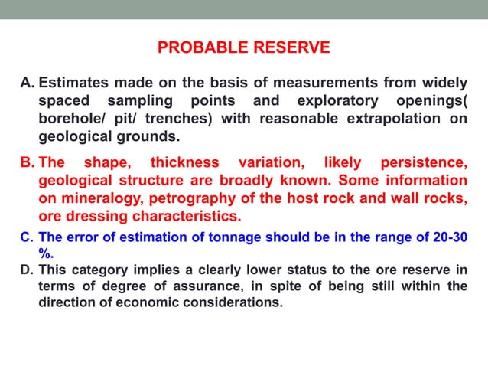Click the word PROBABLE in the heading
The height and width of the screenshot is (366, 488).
(200, 48)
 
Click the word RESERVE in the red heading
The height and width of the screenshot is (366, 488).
(288, 48)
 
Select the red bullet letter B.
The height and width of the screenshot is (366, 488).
(28, 162)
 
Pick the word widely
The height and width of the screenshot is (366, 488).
(443, 83)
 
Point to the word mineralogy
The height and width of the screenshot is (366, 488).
(105, 198)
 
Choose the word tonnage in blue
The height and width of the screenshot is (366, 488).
(208, 237)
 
